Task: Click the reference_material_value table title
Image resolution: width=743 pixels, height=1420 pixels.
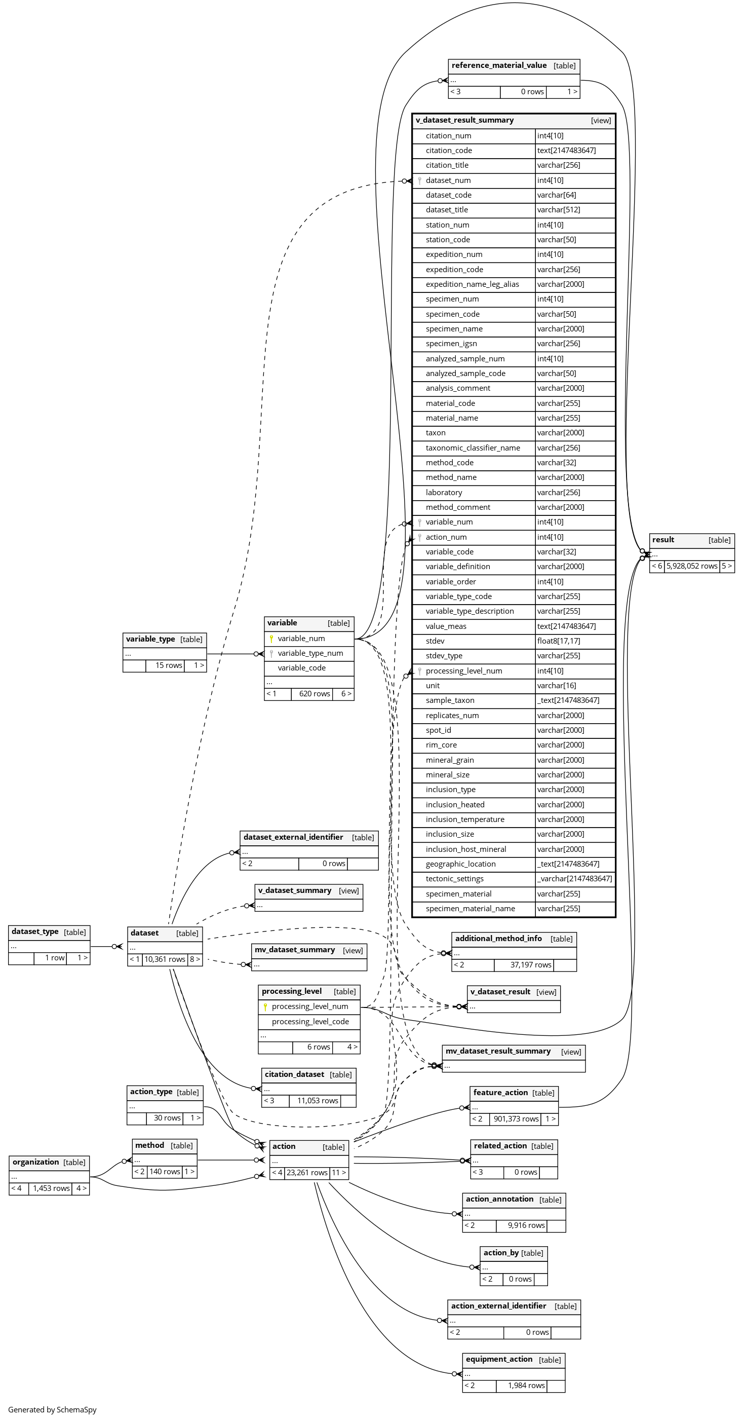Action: point(499,65)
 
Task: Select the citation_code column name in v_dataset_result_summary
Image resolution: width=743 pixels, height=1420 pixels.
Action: point(448,151)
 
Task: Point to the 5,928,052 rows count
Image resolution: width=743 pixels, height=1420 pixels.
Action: point(692,566)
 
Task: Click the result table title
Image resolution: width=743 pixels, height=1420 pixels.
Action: point(663,540)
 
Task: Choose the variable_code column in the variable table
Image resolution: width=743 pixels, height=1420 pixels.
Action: point(301,668)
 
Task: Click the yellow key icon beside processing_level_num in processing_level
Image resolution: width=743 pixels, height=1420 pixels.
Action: point(265,1007)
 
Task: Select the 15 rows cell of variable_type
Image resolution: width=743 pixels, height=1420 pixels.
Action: point(169,665)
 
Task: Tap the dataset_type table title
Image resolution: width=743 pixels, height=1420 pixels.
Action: point(35,931)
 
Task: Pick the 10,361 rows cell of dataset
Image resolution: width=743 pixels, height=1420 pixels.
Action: point(165,959)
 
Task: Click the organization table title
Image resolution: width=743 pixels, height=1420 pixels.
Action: point(36,1162)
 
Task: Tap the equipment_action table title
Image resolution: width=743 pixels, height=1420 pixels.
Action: point(499,1359)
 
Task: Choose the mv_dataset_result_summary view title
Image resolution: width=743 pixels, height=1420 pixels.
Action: point(498,1051)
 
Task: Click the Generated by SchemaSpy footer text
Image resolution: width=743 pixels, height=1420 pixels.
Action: point(52,1409)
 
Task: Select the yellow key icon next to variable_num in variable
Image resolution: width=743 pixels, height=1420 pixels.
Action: point(271,639)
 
